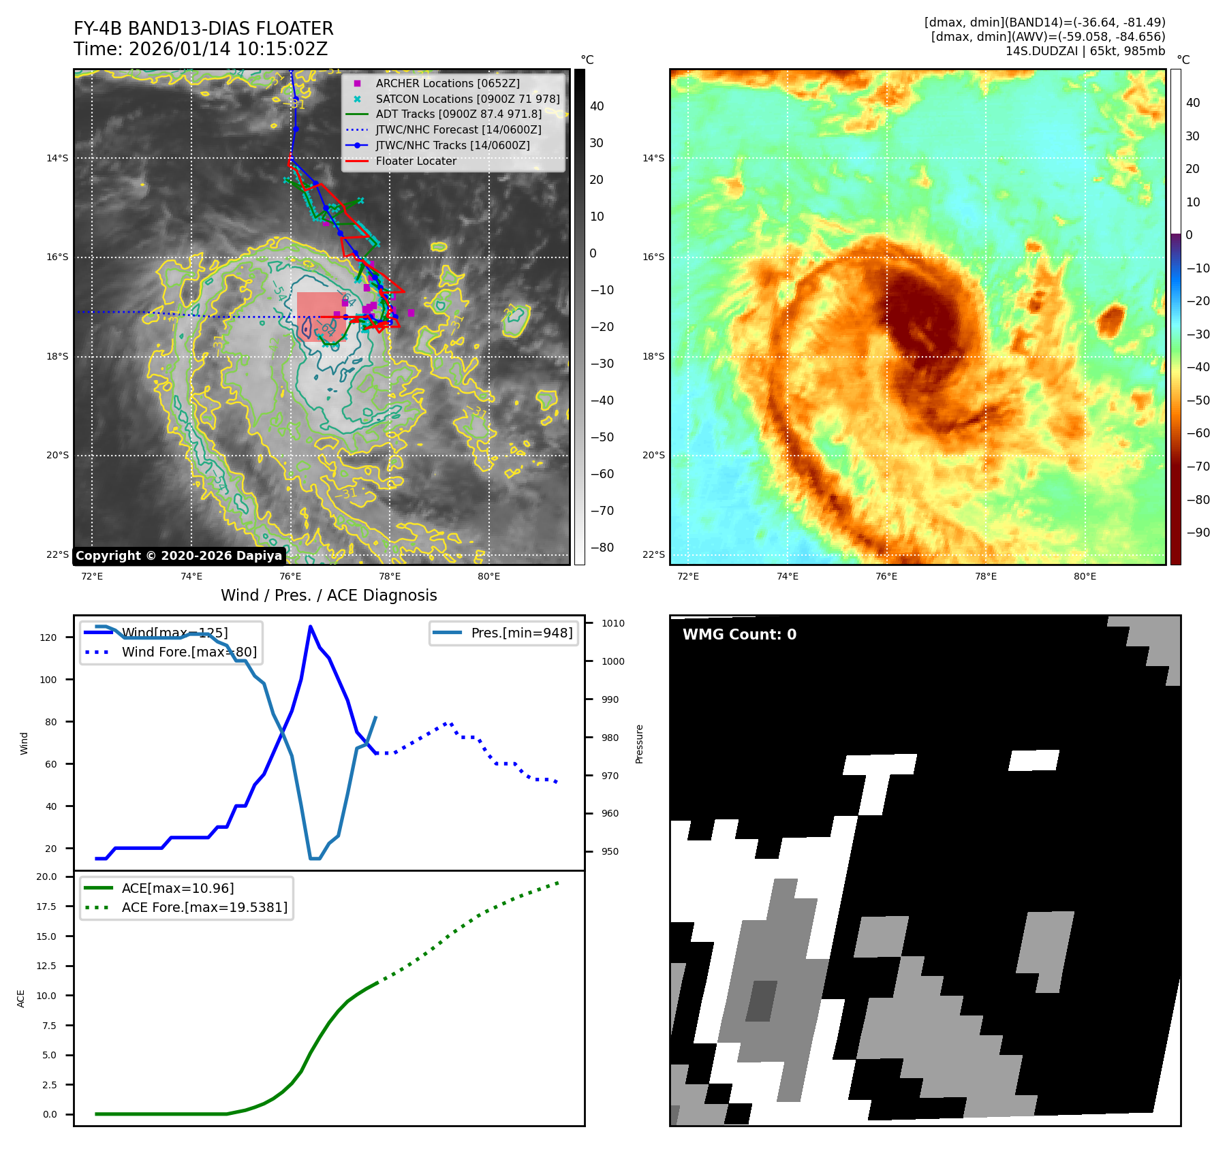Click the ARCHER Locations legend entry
click(x=447, y=83)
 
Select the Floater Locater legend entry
click(x=416, y=161)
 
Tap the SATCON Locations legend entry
click(x=467, y=99)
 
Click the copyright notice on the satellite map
click(x=178, y=556)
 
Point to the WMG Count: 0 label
click(x=739, y=635)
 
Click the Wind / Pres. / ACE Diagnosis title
click(x=328, y=595)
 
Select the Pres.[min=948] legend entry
click(x=521, y=633)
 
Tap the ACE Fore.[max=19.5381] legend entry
click(x=204, y=907)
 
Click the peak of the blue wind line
click(x=310, y=627)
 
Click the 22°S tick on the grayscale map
click(x=57, y=554)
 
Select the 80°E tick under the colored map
click(x=1085, y=576)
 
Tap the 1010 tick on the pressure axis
click(x=612, y=623)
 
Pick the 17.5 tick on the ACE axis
click(x=47, y=906)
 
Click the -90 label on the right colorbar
click(x=1198, y=533)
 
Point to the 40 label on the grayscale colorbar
click(x=597, y=106)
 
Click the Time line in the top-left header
click(x=201, y=49)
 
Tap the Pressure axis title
click(x=639, y=744)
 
